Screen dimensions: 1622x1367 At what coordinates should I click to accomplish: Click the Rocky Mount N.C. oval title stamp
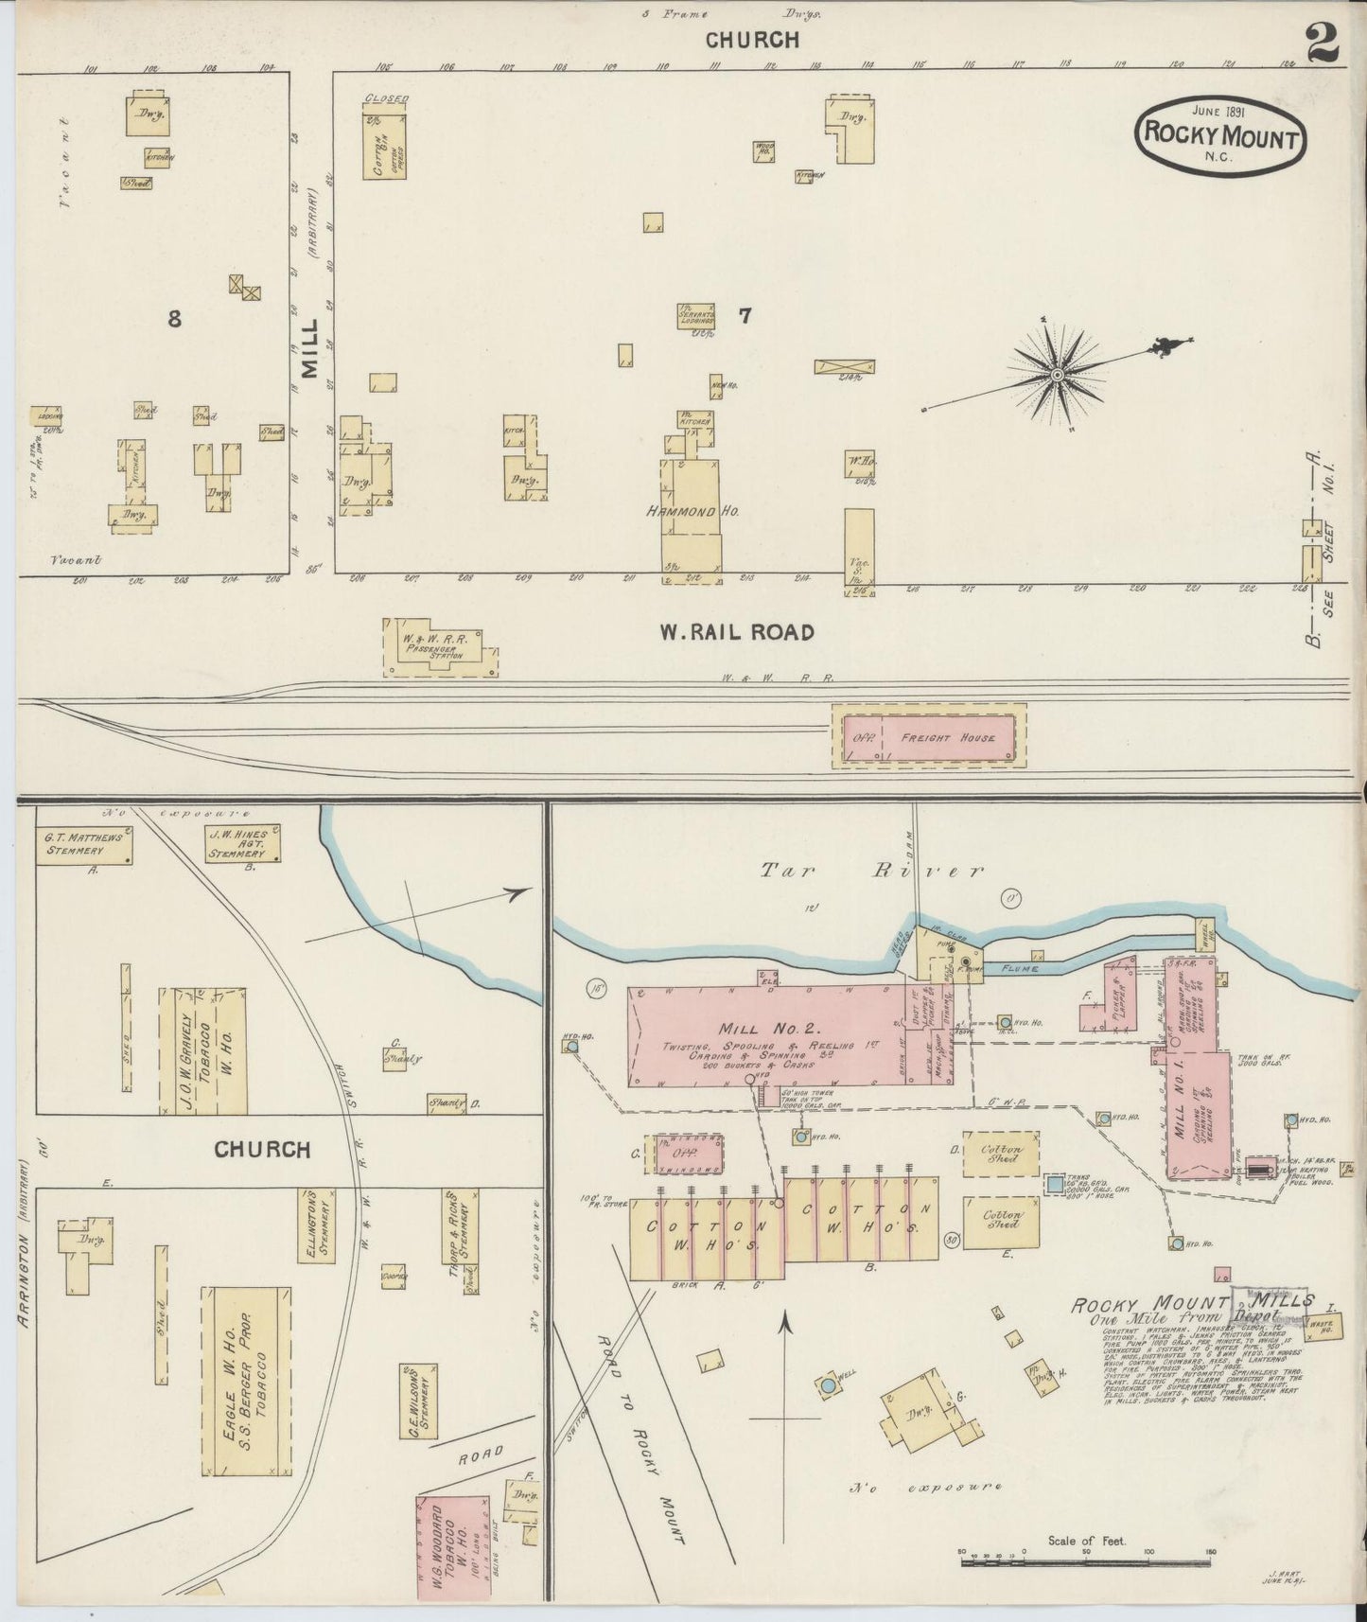(x=1219, y=135)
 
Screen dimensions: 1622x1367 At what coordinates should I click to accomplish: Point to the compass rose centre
(x=1057, y=376)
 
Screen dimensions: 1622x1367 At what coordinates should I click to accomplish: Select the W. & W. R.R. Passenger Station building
(x=438, y=648)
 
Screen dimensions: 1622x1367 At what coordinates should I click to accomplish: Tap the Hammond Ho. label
(x=692, y=510)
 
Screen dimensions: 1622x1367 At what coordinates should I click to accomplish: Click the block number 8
(x=174, y=319)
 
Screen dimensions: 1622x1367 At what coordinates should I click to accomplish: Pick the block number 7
(x=745, y=316)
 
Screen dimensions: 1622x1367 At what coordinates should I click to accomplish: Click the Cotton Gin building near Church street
(x=384, y=146)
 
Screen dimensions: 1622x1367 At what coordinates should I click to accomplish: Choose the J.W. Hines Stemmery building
(x=244, y=843)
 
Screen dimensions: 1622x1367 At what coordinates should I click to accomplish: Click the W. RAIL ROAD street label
(x=737, y=631)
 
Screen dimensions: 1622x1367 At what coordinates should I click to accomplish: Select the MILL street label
(x=310, y=347)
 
